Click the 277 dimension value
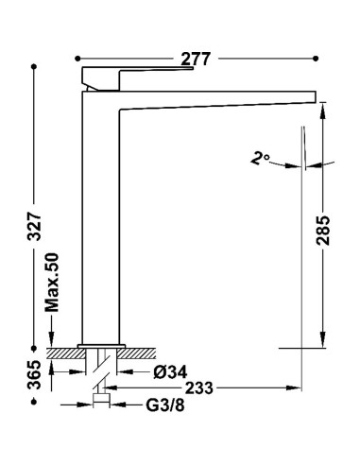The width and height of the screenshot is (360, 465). [196, 59]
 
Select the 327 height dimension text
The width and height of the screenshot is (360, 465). [34, 227]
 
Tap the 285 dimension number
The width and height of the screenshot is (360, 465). [323, 231]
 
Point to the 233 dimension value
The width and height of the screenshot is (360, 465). [198, 387]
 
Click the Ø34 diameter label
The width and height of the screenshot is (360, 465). [170, 372]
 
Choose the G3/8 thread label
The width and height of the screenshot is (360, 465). [165, 405]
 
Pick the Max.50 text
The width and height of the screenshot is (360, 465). [52, 283]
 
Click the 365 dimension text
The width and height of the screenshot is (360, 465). [34, 374]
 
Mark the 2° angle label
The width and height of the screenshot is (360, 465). [260, 158]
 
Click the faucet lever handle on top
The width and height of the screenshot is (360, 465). [137, 78]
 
